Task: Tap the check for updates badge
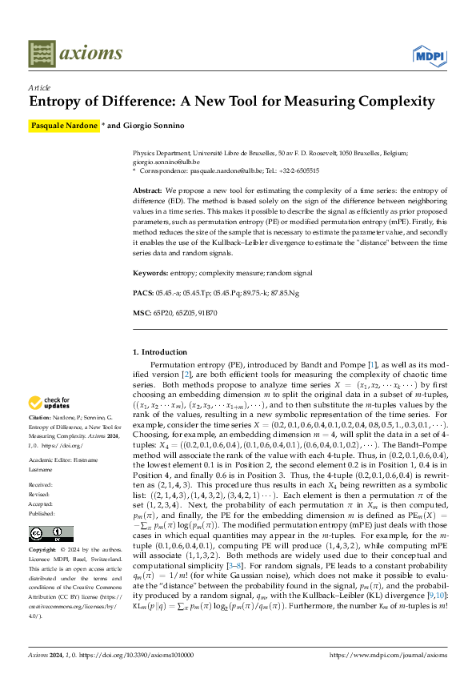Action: [x=50, y=403]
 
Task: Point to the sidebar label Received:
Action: [x=42, y=485]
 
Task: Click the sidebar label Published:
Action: [x=42, y=514]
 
